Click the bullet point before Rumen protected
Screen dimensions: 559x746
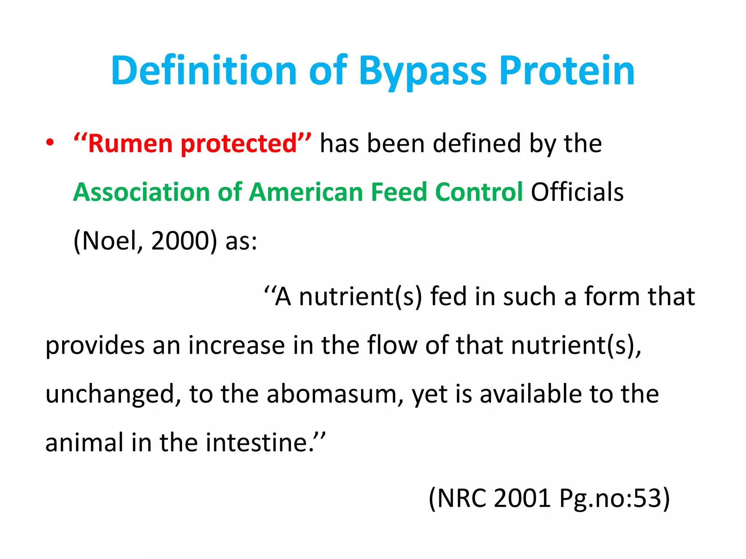click(x=50, y=143)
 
